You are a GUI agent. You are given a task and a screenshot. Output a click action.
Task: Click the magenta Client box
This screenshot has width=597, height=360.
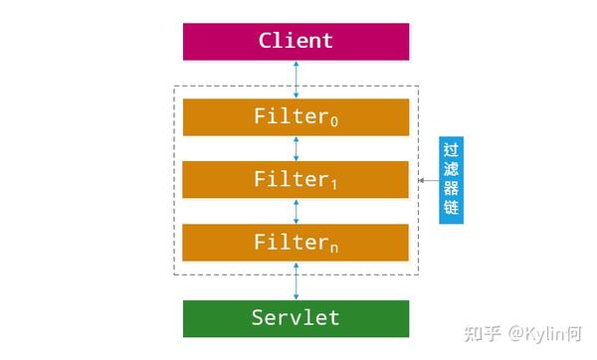point(296,42)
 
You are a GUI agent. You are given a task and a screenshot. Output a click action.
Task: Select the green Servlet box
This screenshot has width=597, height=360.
point(296,318)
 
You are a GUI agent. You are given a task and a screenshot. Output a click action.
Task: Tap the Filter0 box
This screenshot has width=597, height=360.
point(296,117)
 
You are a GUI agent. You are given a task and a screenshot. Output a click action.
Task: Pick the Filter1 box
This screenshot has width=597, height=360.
point(296,180)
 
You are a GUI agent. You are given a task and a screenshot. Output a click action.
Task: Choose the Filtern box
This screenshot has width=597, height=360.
point(296,243)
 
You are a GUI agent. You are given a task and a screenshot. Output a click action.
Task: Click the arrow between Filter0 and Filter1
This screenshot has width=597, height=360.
point(296,148)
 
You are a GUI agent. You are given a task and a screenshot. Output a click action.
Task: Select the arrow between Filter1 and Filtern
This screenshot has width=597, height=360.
point(296,211)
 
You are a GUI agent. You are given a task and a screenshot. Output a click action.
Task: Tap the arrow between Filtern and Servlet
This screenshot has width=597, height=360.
point(296,280)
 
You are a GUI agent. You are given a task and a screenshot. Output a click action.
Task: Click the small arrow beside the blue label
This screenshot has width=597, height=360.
point(425,181)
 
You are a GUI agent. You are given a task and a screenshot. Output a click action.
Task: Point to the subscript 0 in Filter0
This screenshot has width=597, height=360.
point(333,122)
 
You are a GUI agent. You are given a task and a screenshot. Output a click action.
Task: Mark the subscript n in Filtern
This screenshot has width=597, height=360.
point(333,248)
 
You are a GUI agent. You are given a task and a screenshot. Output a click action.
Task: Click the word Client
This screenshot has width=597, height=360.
point(296,42)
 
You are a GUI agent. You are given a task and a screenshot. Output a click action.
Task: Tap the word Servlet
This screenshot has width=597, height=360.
point(296,318)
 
